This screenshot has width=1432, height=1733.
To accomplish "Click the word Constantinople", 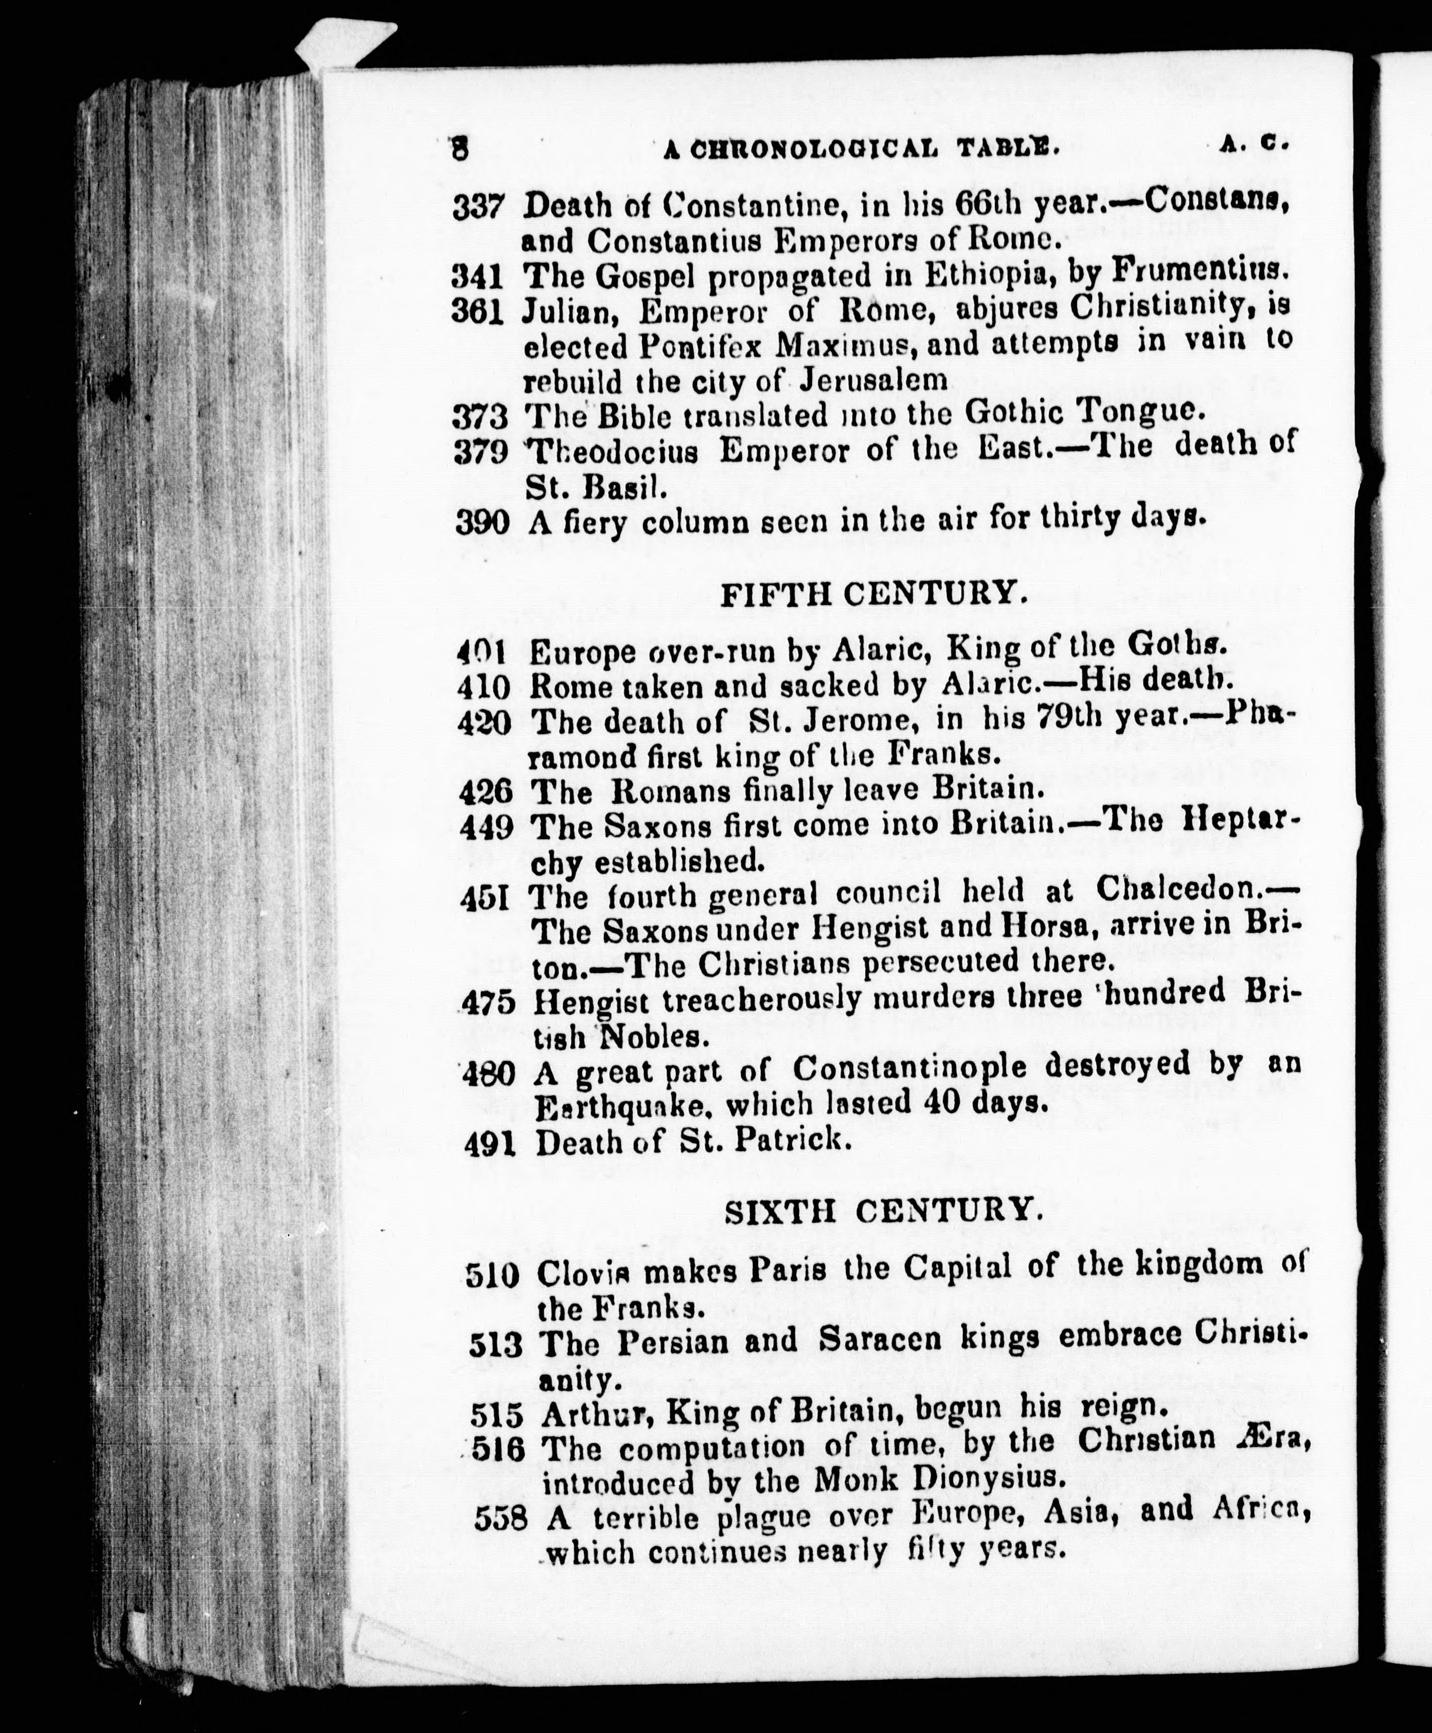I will coord(910,1069).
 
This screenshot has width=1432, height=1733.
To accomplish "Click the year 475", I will coord(488,1002).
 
